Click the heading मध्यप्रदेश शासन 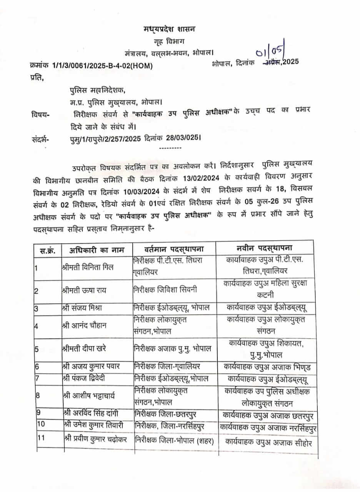pyautogui.click(x=170, y=30)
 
